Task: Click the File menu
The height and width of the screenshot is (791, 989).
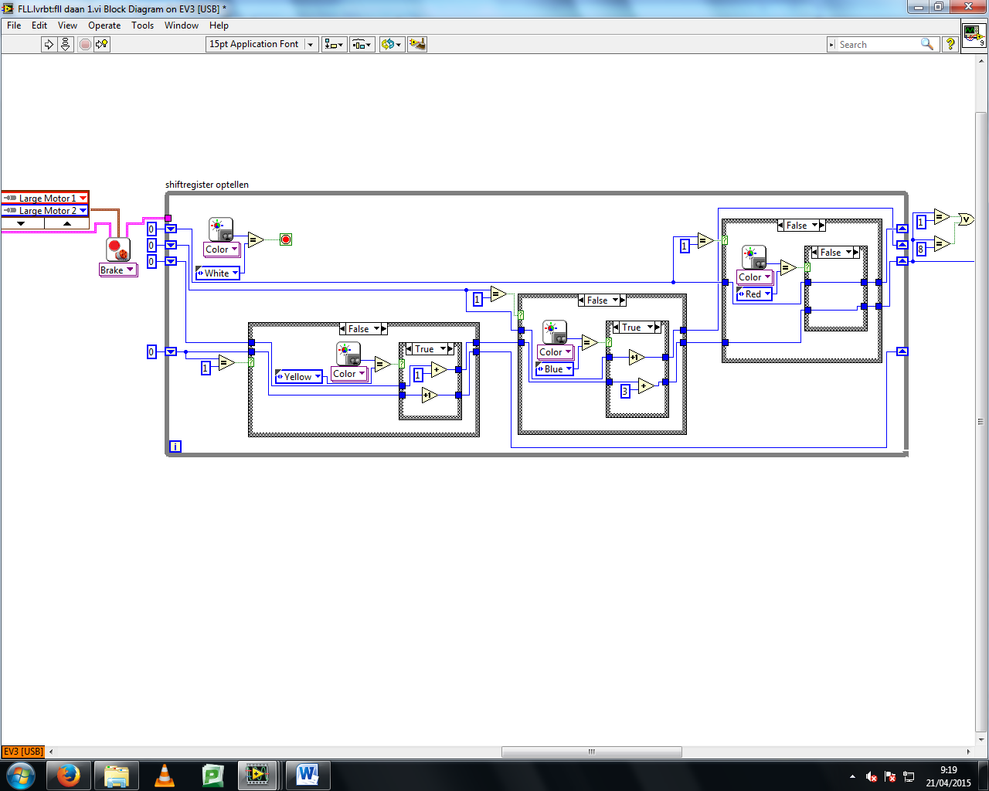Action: (14, 25)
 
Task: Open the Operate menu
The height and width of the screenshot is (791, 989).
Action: (104, 25)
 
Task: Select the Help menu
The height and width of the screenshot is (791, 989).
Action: (219, 25)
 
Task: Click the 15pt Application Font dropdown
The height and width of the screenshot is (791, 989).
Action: (261, 44)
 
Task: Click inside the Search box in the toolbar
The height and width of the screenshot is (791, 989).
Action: (878, 45)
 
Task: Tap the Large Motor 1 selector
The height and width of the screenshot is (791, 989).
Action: (45, 198)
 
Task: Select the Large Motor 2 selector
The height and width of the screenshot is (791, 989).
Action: (45, 211)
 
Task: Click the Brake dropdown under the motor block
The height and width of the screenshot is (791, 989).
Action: (118, 270)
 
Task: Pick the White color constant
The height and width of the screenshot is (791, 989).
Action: (218, 273)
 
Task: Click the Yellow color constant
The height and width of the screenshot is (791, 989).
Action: (299, 377)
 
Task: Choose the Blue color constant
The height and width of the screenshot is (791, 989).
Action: (555, 369)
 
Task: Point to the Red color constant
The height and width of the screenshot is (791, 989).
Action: (754, 294)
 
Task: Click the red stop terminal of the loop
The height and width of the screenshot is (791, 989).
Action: (286, 239)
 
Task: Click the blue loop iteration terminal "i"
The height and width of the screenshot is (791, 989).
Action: (175, 446)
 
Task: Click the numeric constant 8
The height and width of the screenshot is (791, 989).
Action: (920, 249)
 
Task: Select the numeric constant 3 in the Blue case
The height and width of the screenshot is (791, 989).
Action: (625, 392)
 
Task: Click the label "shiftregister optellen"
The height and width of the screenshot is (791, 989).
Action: (207, 185)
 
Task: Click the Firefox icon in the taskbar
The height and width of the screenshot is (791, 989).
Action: (69, 776)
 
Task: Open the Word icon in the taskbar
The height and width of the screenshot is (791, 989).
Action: (308, 776)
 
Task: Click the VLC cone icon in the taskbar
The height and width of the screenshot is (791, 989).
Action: (164, 776)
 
